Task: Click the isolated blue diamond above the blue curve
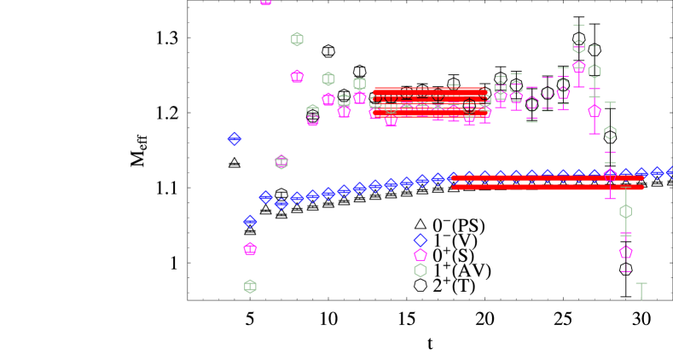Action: tap(235, 139)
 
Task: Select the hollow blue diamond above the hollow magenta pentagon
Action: tap(420, 241)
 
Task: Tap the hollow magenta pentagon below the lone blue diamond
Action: tap(421, 254)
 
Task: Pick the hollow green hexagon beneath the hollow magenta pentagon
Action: tap(421, 270)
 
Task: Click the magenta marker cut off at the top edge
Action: tap(266, 2)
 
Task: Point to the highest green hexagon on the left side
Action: tap(297, 39)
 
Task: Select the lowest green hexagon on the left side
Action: tap(250, 286)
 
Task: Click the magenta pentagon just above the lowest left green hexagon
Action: tap(250, 248)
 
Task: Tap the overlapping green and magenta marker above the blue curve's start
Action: tap(281, 162)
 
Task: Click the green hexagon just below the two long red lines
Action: tap(625, 211)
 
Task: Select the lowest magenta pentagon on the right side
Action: tap(625, 252)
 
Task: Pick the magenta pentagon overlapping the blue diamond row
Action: tap(610, 174)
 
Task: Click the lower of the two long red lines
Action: tap(546, 187)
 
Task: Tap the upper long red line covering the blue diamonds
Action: tap(546, 177)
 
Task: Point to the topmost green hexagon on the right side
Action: tap(578, 46)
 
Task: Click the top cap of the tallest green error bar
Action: tap(578, 26)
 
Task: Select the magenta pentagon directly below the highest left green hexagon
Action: tap(297, 76)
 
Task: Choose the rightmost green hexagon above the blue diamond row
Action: tap(610, 132)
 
